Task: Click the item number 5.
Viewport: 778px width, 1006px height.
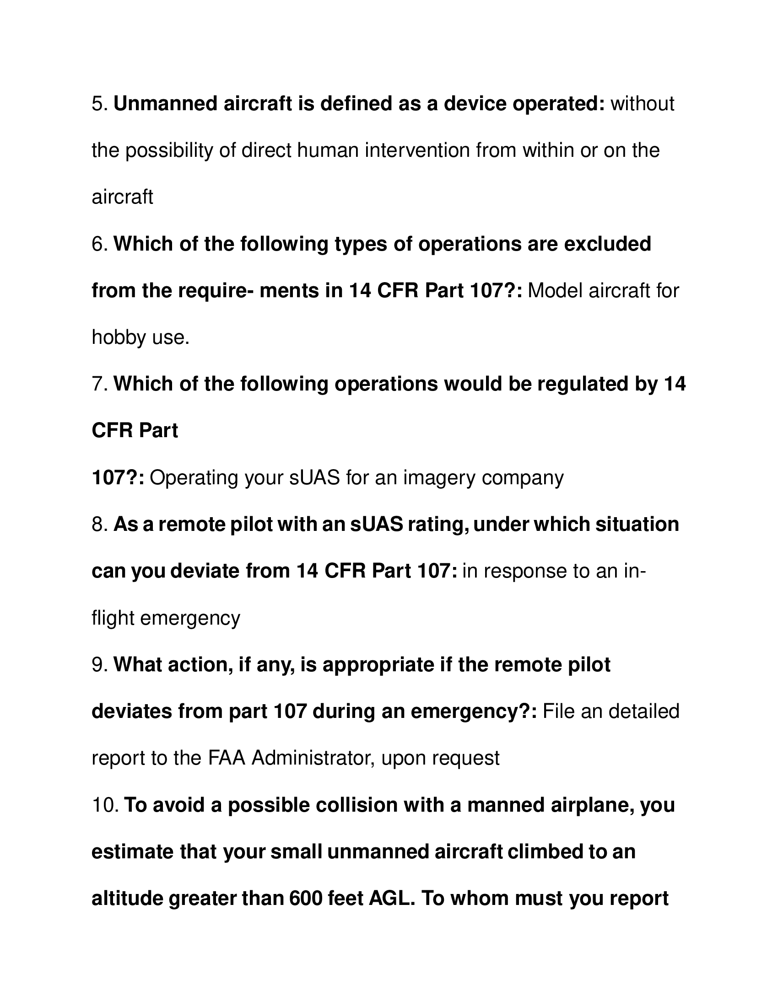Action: [100, 104]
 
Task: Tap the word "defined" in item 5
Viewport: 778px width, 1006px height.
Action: [355, 104]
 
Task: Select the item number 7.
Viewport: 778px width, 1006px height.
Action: [100, 384]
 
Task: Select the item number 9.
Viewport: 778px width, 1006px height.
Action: [100, 665]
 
